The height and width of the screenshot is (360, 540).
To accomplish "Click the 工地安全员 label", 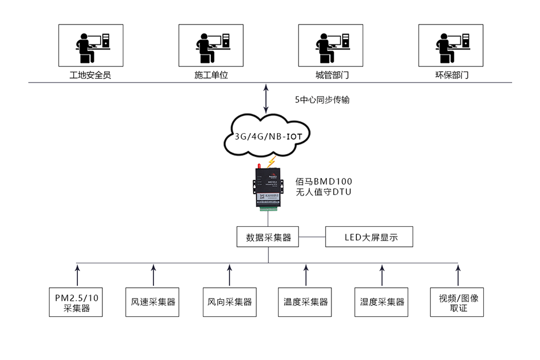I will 90,75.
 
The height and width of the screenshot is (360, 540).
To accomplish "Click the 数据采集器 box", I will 268,237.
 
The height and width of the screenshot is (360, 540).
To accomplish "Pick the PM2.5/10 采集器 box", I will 77,302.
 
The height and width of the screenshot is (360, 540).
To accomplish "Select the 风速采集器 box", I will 153,302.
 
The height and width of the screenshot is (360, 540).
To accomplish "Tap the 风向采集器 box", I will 230,302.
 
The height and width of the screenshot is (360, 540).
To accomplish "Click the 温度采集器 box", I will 306,302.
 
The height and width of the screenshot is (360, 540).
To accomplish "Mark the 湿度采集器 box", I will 382,302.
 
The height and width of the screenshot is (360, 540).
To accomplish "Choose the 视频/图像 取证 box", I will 458,302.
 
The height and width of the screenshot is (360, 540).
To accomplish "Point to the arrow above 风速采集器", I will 153,274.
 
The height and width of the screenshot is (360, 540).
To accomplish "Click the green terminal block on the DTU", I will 268,208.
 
